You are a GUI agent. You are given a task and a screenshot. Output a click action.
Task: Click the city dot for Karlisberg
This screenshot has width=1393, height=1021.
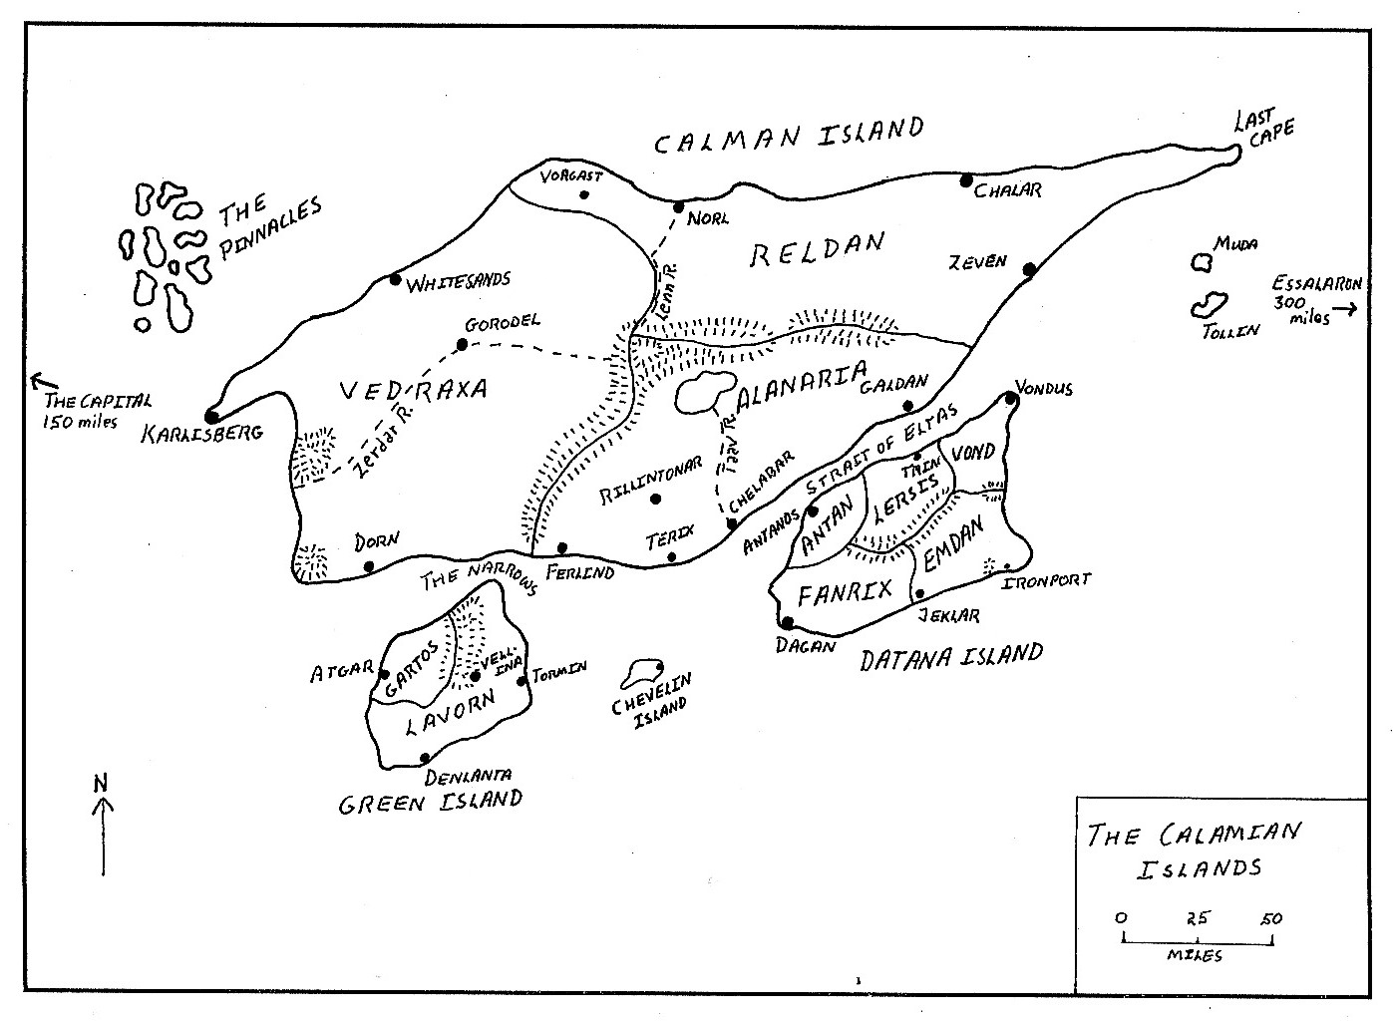pos(211,416)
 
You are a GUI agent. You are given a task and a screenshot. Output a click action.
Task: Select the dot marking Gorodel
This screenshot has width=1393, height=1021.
pos(462,345)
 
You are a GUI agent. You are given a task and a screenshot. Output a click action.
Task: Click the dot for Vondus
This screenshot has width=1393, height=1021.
pos(1010,398)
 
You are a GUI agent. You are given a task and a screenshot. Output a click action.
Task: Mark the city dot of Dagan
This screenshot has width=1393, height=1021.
pos(788,623)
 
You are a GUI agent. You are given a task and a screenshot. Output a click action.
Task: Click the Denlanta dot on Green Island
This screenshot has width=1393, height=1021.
pos(425,758)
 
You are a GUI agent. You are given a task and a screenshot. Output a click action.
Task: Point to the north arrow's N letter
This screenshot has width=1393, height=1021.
pos(101,783)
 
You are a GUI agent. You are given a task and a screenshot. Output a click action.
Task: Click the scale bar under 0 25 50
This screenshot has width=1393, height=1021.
pos(1197,939)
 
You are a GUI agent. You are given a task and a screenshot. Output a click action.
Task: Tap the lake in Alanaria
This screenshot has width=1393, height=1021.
pos(704,392)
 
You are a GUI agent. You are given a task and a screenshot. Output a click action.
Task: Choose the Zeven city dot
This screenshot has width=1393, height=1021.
pos(1028,269)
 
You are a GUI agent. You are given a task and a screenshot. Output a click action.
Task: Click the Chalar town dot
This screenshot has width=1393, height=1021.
pos(965,180)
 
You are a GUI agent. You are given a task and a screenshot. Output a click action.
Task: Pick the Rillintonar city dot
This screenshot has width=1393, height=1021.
pos(655,499)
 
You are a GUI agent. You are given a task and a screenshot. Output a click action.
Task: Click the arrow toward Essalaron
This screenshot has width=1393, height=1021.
pos(1346,309)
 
